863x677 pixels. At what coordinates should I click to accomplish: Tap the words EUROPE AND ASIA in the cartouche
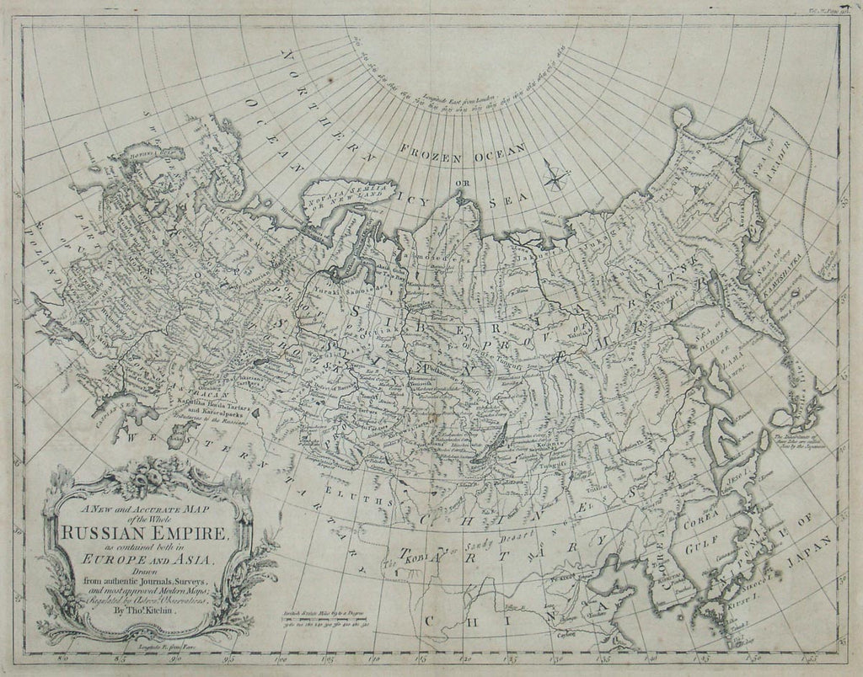coord(147,555)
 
